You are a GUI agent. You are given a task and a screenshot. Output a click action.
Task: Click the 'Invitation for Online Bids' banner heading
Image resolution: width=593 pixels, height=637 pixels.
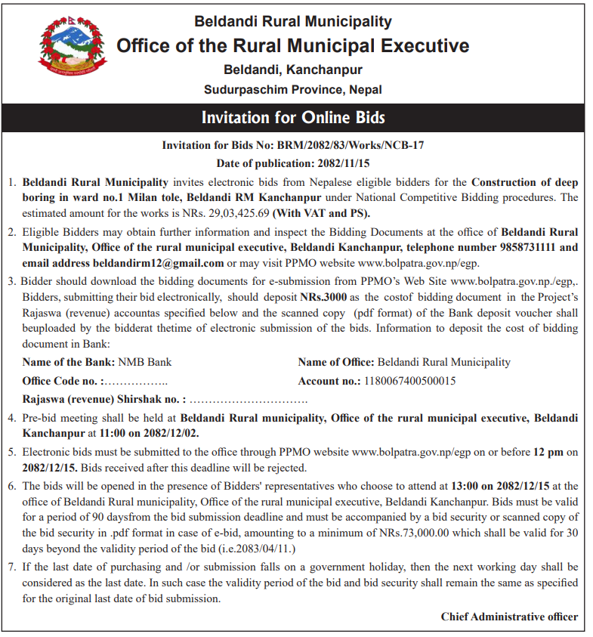[293, 118]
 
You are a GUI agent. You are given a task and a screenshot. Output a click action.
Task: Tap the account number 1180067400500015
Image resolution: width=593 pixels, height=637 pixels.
[409, 381]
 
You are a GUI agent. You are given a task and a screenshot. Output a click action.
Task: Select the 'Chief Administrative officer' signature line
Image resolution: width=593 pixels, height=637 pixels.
[509, 617]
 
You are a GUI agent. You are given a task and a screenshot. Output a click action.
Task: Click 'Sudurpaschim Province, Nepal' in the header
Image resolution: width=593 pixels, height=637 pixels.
[293, 89]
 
